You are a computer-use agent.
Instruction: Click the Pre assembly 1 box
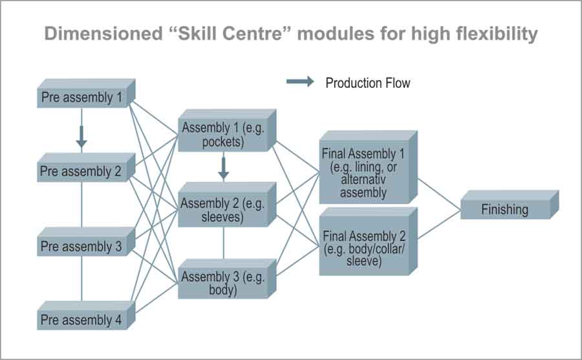82,98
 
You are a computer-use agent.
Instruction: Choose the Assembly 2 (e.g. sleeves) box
223,210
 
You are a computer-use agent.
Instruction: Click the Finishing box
504,209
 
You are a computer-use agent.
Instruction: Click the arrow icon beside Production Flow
300,82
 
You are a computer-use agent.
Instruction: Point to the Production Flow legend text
367,83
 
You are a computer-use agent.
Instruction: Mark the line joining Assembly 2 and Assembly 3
224,242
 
